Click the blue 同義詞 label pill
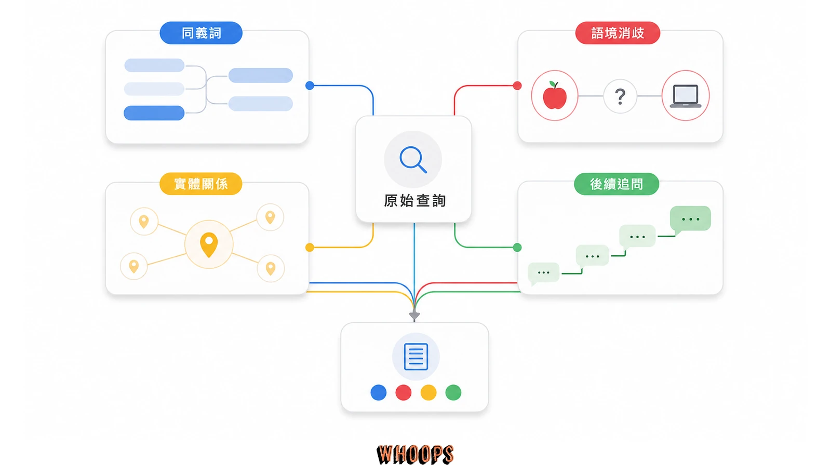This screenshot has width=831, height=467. click(201, 33)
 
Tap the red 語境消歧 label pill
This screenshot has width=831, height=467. click(618, 33)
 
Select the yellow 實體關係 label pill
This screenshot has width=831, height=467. click(200, 184)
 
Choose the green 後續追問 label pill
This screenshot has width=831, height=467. click(616, 184)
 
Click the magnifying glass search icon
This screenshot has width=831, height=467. click(413, 160)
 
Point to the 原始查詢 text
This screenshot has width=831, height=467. click(415, 200)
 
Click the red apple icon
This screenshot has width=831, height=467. click(555, 95)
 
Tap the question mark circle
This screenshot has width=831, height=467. click(620, 96)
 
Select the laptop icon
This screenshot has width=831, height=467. click(686, 97)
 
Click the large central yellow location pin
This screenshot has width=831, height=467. click(209, 244)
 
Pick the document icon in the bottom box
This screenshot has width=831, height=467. click(416, 356)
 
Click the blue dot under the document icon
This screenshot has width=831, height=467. click(379, 392)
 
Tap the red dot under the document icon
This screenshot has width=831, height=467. click(403, 392)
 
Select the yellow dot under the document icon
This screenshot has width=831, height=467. click(428, 392)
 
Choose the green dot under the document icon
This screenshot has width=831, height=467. click(453, 392)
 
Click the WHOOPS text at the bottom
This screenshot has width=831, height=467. click(415, 455)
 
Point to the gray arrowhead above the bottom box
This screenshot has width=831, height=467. click(414, 315)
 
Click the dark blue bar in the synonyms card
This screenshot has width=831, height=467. click(154, 113)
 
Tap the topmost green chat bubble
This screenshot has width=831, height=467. click(690, 220)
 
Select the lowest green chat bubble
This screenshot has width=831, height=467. click(543, 273)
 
